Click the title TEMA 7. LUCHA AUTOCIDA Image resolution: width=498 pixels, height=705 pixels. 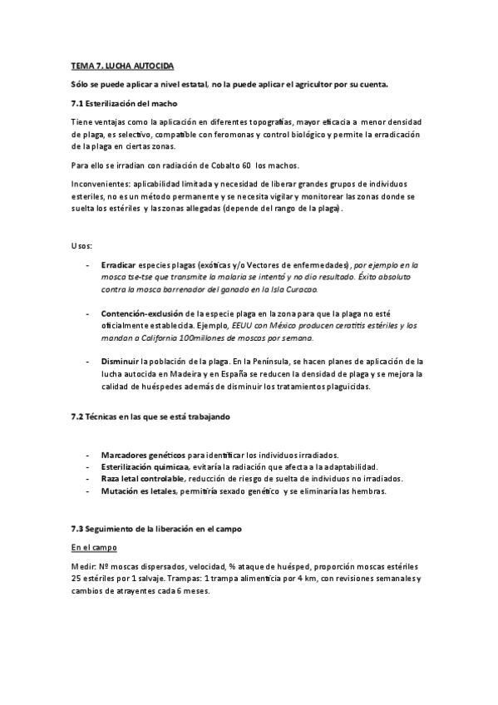tap(122, 65)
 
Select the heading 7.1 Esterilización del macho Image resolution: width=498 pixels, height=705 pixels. tap(124, 103)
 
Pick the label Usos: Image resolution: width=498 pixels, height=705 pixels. tap(82, 246)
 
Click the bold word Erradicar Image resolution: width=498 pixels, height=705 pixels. tap(118, 264)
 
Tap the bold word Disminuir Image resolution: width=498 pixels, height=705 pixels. tap(120, 362)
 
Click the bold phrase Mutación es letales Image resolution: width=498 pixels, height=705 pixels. tap(138, 491)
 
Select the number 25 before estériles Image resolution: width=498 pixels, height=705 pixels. tap(76, 578)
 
